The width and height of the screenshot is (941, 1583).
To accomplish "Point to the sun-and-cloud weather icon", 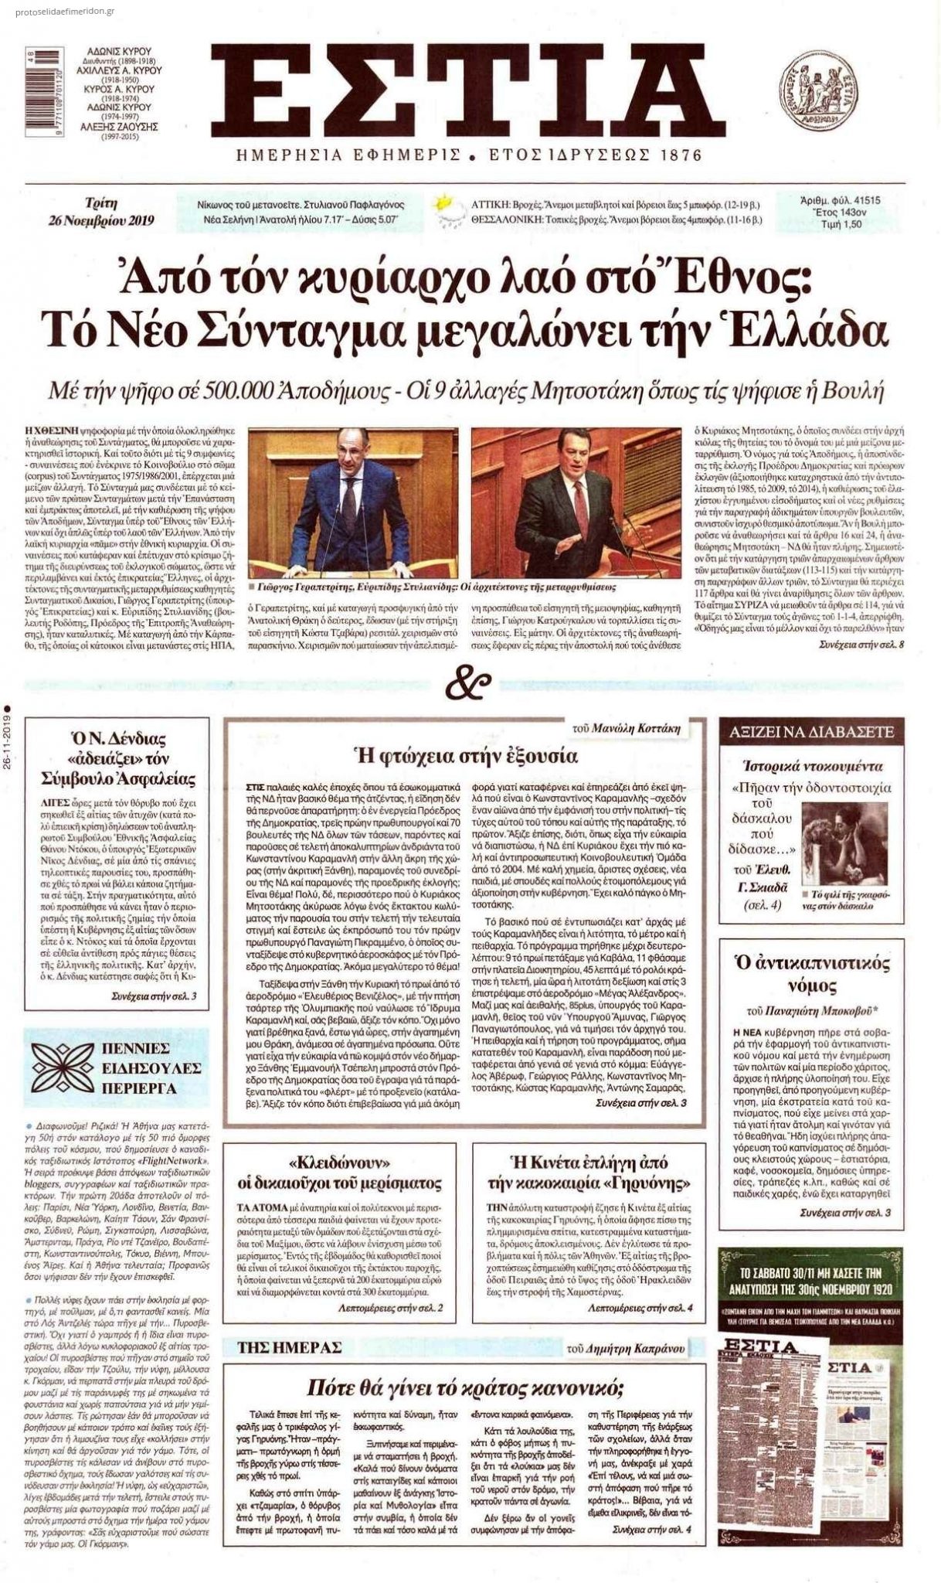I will pos(444,208).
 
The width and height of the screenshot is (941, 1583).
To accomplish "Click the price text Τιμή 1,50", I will pos(840,224).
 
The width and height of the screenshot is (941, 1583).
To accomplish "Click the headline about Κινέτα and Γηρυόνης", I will pos(589,1172).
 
